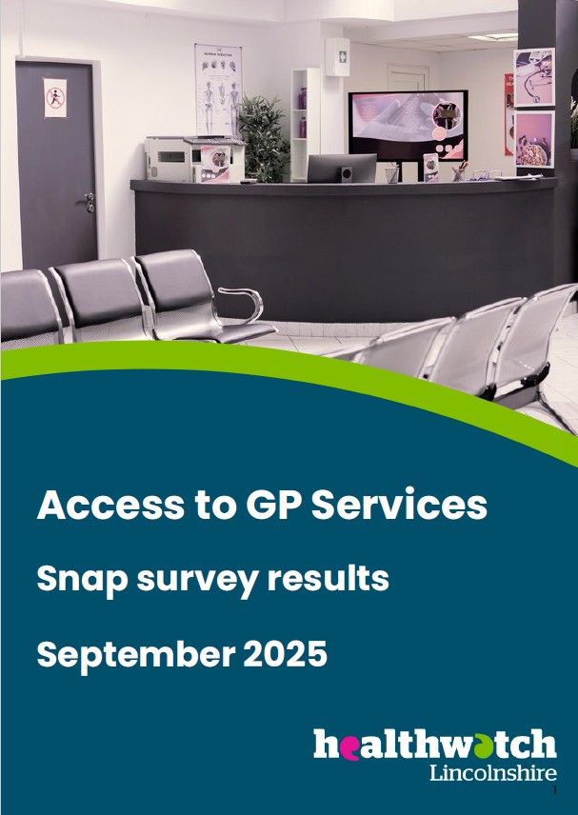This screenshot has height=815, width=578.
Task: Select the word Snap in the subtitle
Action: coord(82,580)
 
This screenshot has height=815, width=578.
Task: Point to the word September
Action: coord(135,654)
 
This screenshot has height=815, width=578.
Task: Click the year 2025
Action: coord(285,653)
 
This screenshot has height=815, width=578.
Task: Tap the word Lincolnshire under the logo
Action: coord(492,773)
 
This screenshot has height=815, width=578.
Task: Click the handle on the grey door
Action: coord(90,200)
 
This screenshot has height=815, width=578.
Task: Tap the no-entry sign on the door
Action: coord(55,97)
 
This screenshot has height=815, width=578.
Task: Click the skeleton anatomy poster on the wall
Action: coord(218,89)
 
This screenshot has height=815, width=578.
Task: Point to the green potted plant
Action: coord(263,137)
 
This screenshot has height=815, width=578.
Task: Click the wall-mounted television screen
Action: coord(409,126)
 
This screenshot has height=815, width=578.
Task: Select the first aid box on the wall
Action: coord(337,57)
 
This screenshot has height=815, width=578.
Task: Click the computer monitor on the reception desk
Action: coord(342,168)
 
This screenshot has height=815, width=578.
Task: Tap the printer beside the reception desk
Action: coord(194,159)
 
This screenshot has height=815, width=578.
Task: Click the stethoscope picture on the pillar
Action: coord(534,77)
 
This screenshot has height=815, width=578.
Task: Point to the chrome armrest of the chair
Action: coord(243,303)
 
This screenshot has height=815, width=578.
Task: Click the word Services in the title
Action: coord(399,505)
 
